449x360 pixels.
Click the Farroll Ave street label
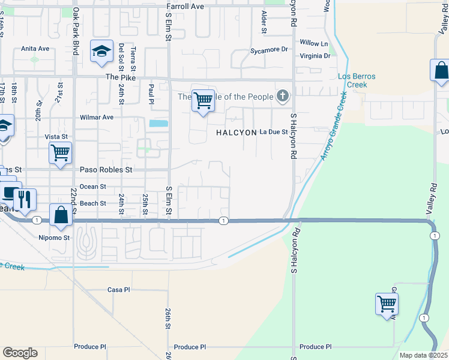click(x=185, y=6)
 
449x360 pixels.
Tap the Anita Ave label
click(x=35, y=49)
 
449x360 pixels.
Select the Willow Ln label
click(x=314, y=43)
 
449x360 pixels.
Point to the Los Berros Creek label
click(x=352, y=80)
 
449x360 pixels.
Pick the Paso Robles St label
click(x=106, y=170)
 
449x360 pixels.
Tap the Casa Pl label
click(x=118, y=289)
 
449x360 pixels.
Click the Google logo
click(x=20, y=353)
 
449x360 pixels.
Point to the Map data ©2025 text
click(x=423, y=355)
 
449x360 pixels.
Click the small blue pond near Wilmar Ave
click(x=158, y=124)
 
